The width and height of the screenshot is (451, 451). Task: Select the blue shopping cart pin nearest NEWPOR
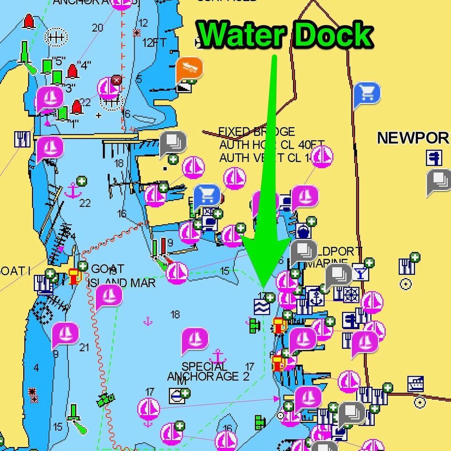pos(366,93)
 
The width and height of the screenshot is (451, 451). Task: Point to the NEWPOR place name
pos(413,138)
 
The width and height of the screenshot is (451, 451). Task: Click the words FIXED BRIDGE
pos(257,132)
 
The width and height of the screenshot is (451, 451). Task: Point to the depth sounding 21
pos(84,347)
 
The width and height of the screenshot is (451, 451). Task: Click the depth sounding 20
pos(97,28)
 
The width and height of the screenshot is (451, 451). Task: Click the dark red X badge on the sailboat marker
pos(116,80)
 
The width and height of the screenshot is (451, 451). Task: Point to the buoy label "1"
pos(75,123)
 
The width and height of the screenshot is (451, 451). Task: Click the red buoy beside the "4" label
pos(73,71)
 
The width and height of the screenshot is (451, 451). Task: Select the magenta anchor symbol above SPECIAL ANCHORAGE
pos(218,356)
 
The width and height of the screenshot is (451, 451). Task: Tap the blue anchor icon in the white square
pos(315,297)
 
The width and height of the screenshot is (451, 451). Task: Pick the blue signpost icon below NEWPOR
pos(434,157)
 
